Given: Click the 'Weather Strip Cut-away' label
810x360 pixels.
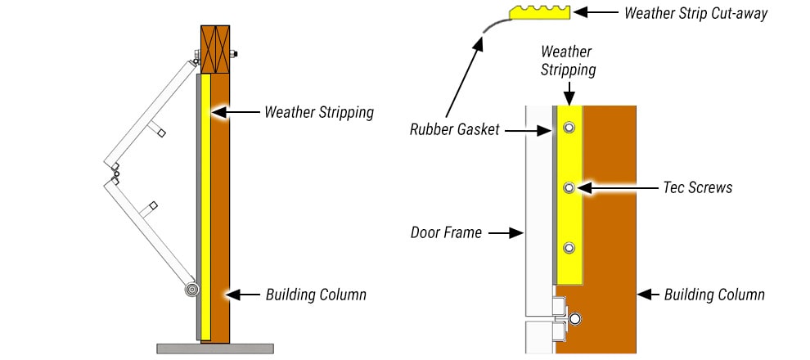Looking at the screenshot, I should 695,13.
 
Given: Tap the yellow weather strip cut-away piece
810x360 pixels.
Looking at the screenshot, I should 539,12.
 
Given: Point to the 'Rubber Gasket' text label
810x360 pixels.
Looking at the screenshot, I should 454,129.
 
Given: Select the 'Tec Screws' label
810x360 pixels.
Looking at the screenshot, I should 697,187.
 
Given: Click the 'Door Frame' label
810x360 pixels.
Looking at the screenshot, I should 446,232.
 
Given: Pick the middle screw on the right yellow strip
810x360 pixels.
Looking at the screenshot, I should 569,187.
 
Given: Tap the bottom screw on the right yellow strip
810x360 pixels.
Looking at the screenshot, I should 569,247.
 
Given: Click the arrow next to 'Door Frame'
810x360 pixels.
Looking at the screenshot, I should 505,232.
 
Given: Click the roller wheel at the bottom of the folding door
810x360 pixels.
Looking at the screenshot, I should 191,290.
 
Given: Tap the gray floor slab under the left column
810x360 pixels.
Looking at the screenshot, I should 214,349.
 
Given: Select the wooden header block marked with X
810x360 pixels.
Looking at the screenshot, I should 215,49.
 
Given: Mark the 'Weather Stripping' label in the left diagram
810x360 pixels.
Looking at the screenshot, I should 318,112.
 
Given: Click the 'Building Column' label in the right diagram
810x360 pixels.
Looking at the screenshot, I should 713,294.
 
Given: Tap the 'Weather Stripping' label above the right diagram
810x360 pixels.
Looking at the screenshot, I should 568,61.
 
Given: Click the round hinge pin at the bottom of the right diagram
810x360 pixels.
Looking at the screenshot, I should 576,318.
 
